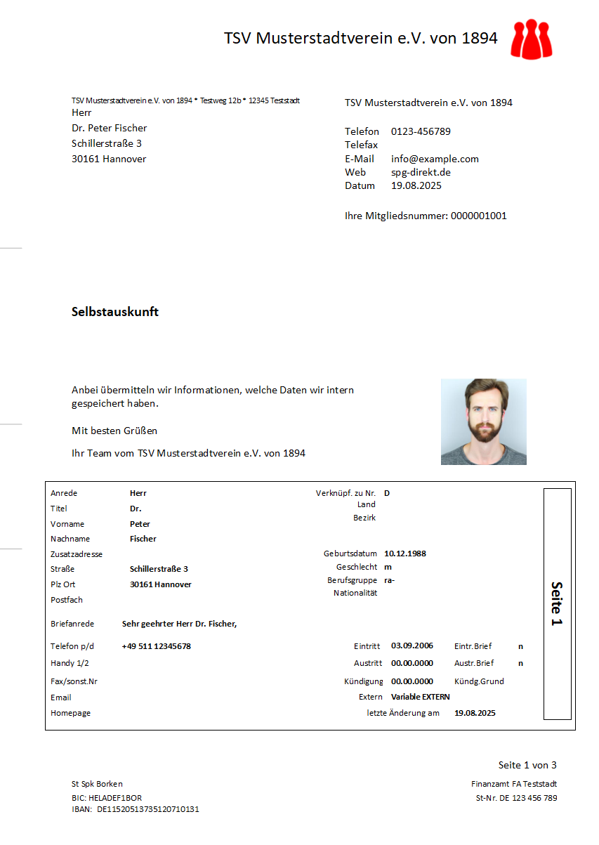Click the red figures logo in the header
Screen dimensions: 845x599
(532, 39)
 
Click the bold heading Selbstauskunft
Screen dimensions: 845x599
(115, 312)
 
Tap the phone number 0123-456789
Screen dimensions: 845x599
(421, 131)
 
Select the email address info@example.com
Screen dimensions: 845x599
(435, 159)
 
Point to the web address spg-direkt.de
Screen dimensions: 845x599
(421, 172)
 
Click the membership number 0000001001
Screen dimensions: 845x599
(478, 216)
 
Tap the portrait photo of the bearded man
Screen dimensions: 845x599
(483, 421)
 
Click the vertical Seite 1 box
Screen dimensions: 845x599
(557, 603)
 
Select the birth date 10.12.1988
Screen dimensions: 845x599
(404, 553)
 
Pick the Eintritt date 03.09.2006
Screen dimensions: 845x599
(412, 646)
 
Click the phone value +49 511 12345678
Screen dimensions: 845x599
(156, 646)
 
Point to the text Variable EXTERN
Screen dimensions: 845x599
(420, 697)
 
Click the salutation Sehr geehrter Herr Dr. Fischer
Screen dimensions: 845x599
(179, 624)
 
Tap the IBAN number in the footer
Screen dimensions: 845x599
(147, 809)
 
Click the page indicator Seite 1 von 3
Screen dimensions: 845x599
(527, 765)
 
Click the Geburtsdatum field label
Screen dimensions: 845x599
(350, 553)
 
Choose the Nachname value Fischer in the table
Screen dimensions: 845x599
(143, 539)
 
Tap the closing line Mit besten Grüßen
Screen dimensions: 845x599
(114, 431)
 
